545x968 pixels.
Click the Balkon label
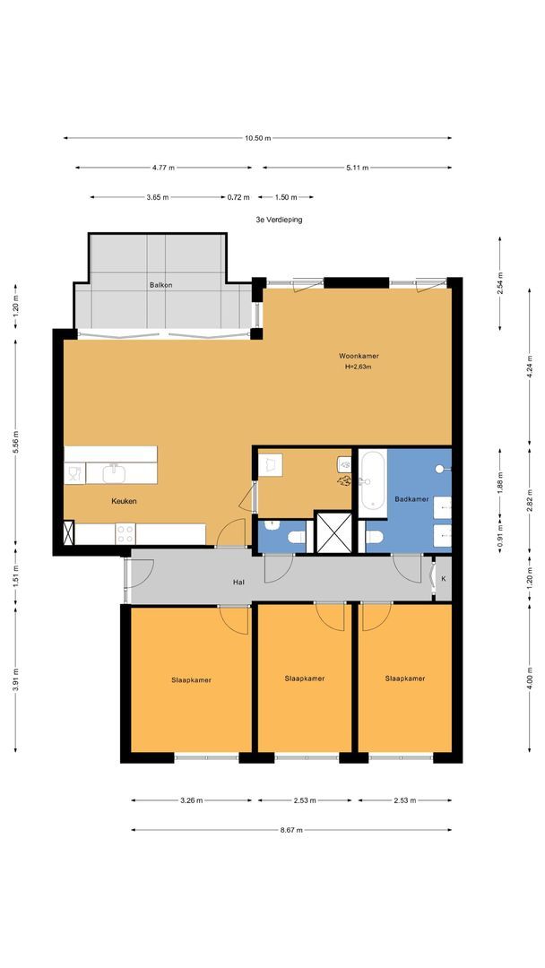point(160,285)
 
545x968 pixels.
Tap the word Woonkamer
point(359,356)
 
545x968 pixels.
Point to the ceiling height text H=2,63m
point(359,367)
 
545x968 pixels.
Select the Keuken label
point(124,501)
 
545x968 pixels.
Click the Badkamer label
point(411,499)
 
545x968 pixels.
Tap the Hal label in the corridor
point(238,583)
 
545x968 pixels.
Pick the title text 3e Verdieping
point(279,220)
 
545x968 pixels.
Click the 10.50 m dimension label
point(257,138)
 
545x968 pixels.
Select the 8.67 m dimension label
point(291,830)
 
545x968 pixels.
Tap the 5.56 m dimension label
point(15,441)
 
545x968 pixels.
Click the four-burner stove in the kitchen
point(125,534)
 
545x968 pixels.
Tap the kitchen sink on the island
point(114,473)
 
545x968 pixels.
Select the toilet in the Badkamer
point(374,537)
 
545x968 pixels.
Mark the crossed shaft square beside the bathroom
point(333,532)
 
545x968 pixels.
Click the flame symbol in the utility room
point(344,480)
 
